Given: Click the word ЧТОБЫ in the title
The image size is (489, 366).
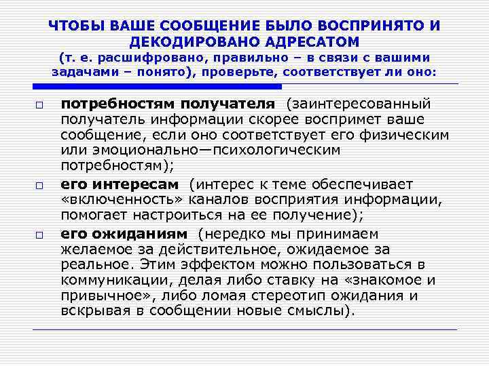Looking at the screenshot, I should pos(73,26).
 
